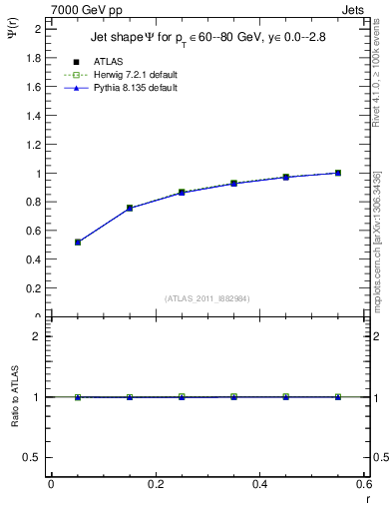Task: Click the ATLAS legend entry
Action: pyautogui.click(x=109, y=62)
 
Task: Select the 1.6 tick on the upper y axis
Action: pyautogui.click(x=34, y=87)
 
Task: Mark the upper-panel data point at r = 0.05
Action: pyautogui.click(x=78, y=243)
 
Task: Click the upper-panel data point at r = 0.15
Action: pyautogui.click(x=130, y=208)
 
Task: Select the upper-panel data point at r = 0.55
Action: pyautogui.click(x=338, y=173)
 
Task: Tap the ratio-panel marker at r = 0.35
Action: pyautogui.click(x=233, y=397)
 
